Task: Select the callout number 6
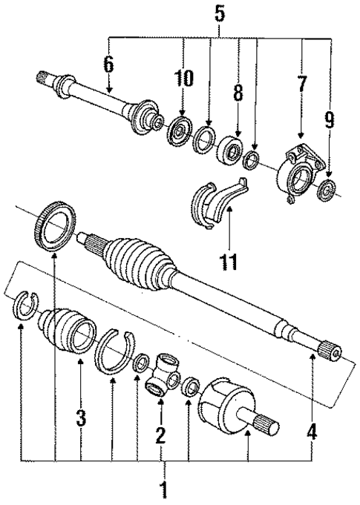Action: tap(108, 65)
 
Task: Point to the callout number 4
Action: tap(313, 431)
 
